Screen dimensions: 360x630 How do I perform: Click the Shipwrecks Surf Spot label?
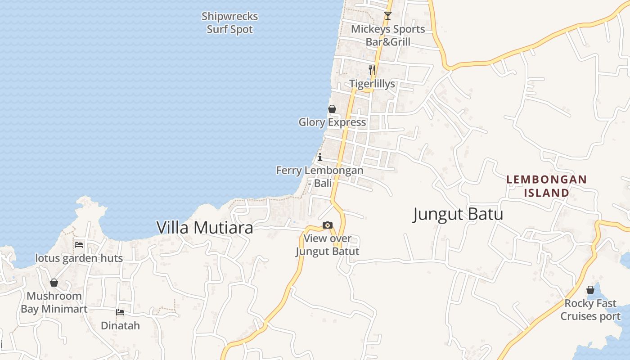(x=229, y=23)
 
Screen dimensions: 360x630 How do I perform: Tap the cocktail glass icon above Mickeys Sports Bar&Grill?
(x=388, y=16)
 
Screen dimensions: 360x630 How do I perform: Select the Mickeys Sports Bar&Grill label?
(x=388, y=36)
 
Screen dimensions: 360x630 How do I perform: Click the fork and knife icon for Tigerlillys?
(x=372, y=70)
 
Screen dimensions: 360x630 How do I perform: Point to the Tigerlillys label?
(x=372, y=84)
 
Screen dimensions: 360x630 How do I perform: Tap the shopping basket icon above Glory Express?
(x=332, y=109)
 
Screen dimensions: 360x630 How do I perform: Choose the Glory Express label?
(x=332, y=122)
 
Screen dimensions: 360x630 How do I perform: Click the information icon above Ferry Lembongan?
(x=320, y=157)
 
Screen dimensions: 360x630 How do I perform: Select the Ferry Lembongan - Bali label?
(x=319, y=177)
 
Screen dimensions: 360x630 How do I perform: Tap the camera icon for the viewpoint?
(x=328, y=225)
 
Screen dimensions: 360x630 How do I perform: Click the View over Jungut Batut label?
(x=327, y=245)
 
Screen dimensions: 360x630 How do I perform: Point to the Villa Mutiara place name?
(x=205, y=228)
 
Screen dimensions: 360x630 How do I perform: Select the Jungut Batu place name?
(x=458, y=214)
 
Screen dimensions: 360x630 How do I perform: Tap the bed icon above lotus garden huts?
(x=79, y=245)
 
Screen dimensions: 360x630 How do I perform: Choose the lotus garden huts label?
(x=79, y=258)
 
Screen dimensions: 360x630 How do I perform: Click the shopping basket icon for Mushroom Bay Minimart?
(x=54, y=283)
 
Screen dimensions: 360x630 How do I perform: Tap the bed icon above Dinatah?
(x=120, y=312)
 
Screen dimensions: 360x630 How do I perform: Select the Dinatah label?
(x=120, y=325)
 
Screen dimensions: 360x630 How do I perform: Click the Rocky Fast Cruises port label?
(x=590, y=310)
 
